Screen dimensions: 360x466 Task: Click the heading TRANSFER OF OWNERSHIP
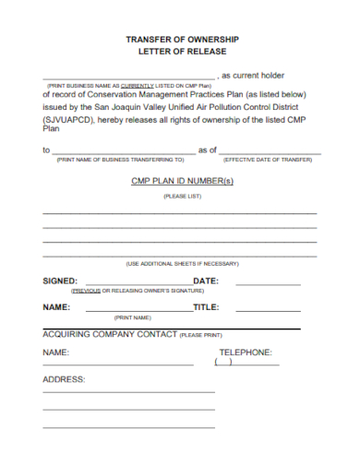pos(182,40)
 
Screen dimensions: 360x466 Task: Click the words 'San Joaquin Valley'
pos(145,107)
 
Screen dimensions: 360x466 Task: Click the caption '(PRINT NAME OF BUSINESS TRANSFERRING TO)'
pos(121,159)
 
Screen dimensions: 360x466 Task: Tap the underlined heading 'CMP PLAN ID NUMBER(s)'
pos(181,181)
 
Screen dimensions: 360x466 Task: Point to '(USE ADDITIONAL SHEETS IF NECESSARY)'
pos(182,263)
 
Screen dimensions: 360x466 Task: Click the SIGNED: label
pos(61,281)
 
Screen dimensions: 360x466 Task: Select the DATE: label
pos(205,281)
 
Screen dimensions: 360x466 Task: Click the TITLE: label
pos(206,307)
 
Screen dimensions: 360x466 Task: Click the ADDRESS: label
pos(64,379)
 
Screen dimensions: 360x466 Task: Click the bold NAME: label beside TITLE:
pos(57,307)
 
